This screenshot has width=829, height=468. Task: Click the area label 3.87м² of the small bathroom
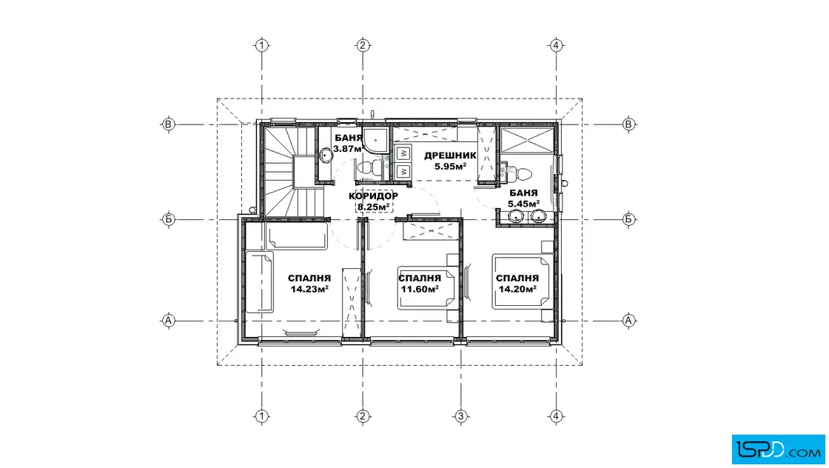pos(349,149)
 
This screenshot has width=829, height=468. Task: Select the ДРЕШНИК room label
pos(450,156)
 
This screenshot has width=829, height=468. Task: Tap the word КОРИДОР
pos(373,196)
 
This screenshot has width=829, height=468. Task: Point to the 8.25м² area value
pos(374,207)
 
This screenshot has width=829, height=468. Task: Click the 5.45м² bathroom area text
pos(523,204)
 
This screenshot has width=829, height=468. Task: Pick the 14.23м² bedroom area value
pos(309,289)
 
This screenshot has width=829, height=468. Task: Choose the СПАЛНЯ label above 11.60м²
pos(420,278)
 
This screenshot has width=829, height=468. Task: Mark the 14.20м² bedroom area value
pos(517,289)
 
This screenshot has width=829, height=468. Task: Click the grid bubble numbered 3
pos(460,416)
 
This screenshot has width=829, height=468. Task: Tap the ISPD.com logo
pos(778,449)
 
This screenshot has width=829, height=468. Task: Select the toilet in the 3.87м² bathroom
pos(369,168)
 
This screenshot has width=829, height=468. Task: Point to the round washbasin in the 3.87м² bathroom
pos(326,156)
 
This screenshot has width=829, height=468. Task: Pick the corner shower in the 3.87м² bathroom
pos(377,140)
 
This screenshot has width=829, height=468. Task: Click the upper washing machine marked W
pos(403,153)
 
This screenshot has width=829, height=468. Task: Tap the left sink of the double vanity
pos(516,215)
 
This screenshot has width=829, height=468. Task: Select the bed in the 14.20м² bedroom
pos(523,281)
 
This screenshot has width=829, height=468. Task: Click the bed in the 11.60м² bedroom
pos(428,288)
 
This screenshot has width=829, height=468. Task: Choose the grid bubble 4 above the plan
pos(556,45)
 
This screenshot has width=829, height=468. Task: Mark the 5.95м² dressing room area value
pos(451,166)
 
